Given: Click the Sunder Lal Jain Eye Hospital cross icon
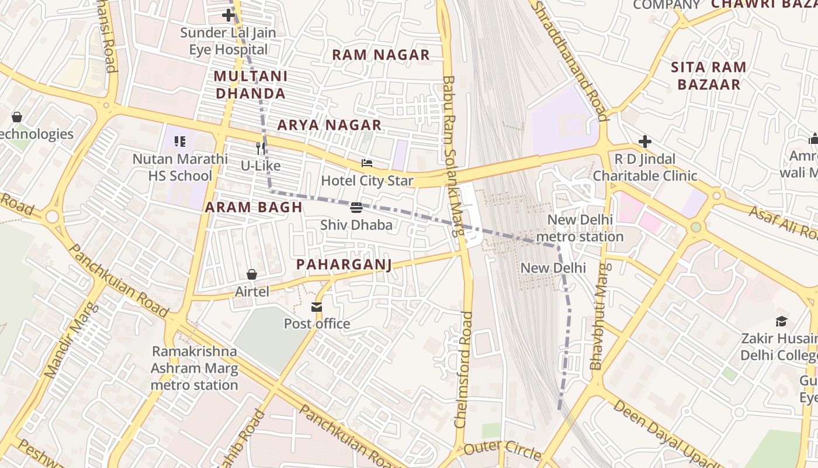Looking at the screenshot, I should [x=228, y=15].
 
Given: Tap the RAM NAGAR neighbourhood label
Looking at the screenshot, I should [x=381, y=55].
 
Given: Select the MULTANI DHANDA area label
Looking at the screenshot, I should [x=250, y=85].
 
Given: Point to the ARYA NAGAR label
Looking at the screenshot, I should [x=330, y=125].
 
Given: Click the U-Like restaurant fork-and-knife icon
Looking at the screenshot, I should [x=261, y=149].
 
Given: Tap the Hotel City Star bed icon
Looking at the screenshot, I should [x=367, y=163].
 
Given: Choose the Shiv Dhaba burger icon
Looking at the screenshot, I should [x=356, y=208].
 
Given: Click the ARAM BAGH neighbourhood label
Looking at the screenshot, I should [x=254, y=207].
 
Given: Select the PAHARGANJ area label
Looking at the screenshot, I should [x=344, y=264].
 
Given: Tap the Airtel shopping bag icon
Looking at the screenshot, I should [x=252, y=274].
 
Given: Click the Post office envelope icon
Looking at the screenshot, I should [x=317, y=307].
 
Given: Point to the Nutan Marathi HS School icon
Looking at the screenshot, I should [x=180, y=142].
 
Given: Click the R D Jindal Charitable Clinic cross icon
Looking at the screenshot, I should [x=645, y=142].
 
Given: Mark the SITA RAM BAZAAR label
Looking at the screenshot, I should [x=709, y=75].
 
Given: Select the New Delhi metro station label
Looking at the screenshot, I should [x=580, y=228].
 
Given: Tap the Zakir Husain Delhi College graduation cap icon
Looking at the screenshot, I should [x=782, y=321].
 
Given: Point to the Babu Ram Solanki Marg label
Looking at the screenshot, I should [x=453, y=155].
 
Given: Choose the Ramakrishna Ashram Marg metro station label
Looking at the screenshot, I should [x=195, y=368].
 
